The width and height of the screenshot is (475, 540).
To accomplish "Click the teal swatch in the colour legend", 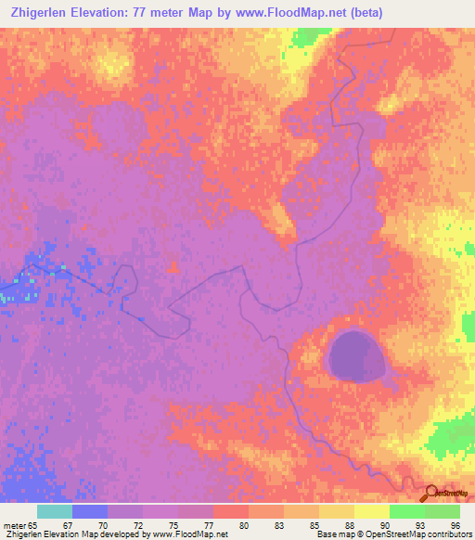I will pos(55,511).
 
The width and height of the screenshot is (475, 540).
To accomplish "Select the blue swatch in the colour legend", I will pos(90,511).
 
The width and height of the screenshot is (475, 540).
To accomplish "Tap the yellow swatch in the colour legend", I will pos(372,511).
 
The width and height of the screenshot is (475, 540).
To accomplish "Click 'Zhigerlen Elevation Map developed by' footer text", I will pos(65,534).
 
